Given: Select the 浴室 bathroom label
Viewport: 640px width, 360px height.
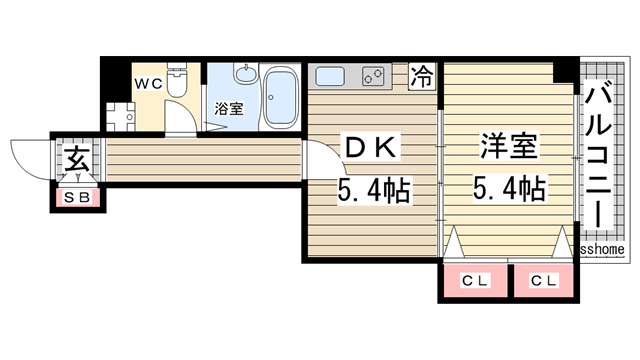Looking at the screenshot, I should point(229,108).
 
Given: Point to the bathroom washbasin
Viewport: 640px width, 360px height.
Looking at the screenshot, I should point(245,75).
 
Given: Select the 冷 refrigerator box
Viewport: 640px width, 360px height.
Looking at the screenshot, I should point(424,76).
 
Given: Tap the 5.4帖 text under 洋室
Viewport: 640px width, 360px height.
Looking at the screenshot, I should point(509,187).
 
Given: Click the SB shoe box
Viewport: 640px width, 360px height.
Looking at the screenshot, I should point(77,197).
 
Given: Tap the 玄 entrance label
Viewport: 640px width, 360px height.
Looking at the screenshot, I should point(77,159).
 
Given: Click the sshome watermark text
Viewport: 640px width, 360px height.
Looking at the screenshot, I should point(603,249).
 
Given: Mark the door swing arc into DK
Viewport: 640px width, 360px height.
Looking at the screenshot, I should point(318,161).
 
